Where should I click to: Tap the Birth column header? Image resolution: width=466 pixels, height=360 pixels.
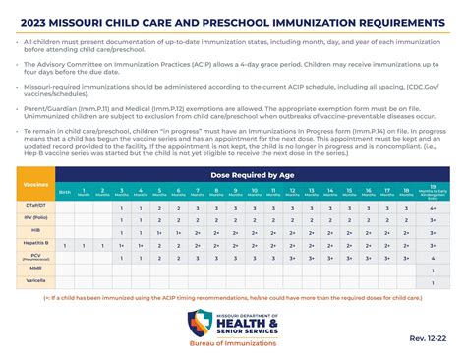click(65, 191)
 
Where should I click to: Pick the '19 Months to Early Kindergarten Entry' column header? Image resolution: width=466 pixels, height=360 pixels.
click(432, 191)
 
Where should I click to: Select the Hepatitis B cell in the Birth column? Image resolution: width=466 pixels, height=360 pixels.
click(65, 241)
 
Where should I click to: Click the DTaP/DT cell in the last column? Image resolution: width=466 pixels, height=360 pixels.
click(432, 207)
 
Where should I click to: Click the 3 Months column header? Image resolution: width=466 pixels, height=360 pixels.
click(121, 191)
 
